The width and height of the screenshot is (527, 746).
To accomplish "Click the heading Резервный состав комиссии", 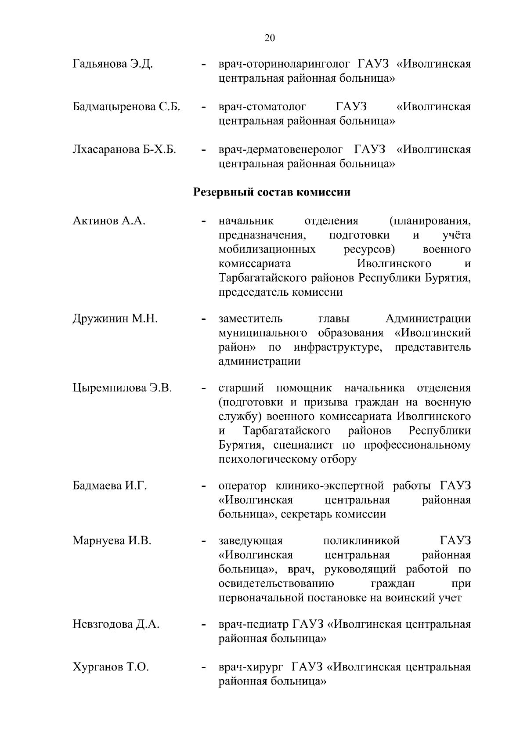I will (x=272, y=192).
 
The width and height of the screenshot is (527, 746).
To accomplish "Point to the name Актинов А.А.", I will (x=109, y=221).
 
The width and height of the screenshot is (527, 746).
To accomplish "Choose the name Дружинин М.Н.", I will (x=115, y=319).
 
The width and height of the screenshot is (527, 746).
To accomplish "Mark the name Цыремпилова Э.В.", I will (x=122, y=388).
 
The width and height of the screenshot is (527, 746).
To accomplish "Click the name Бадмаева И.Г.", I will (x=109, y=486).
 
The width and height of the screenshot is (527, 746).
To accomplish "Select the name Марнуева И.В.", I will (x=112, y=541).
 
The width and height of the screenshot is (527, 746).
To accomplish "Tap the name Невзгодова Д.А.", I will (x=116, y=624).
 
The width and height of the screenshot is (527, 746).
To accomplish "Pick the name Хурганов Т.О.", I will (x=111, y=667).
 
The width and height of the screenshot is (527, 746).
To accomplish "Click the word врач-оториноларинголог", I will (x=285, y=65).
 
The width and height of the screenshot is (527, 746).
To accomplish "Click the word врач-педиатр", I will (x=253, y=624).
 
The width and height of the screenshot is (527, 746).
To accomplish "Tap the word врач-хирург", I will (x=250, y=667).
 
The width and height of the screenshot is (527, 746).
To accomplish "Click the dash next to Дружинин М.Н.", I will (x=203, y=319).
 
